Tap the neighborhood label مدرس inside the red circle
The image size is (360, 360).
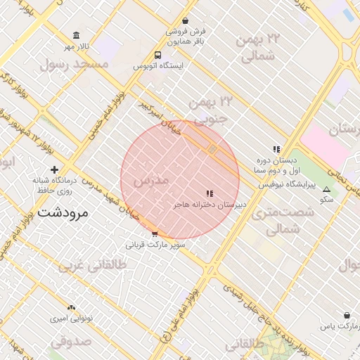tap(150, 181)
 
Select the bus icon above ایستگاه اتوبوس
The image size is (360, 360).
tap(158, 55)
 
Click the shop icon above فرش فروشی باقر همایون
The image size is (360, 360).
tap(185, 21)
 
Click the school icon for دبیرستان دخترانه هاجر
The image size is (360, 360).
tap(209, 193)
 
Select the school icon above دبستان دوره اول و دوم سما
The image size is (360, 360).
tap(276, 149)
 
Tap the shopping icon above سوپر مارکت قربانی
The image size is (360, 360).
tap(155, 234)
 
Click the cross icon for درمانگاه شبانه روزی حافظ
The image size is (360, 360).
tap(54, 169)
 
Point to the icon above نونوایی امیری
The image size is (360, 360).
tap(70, 308)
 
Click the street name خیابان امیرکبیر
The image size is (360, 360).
tap(159, 117)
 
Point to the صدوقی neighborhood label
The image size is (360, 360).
tap(72, 344)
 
